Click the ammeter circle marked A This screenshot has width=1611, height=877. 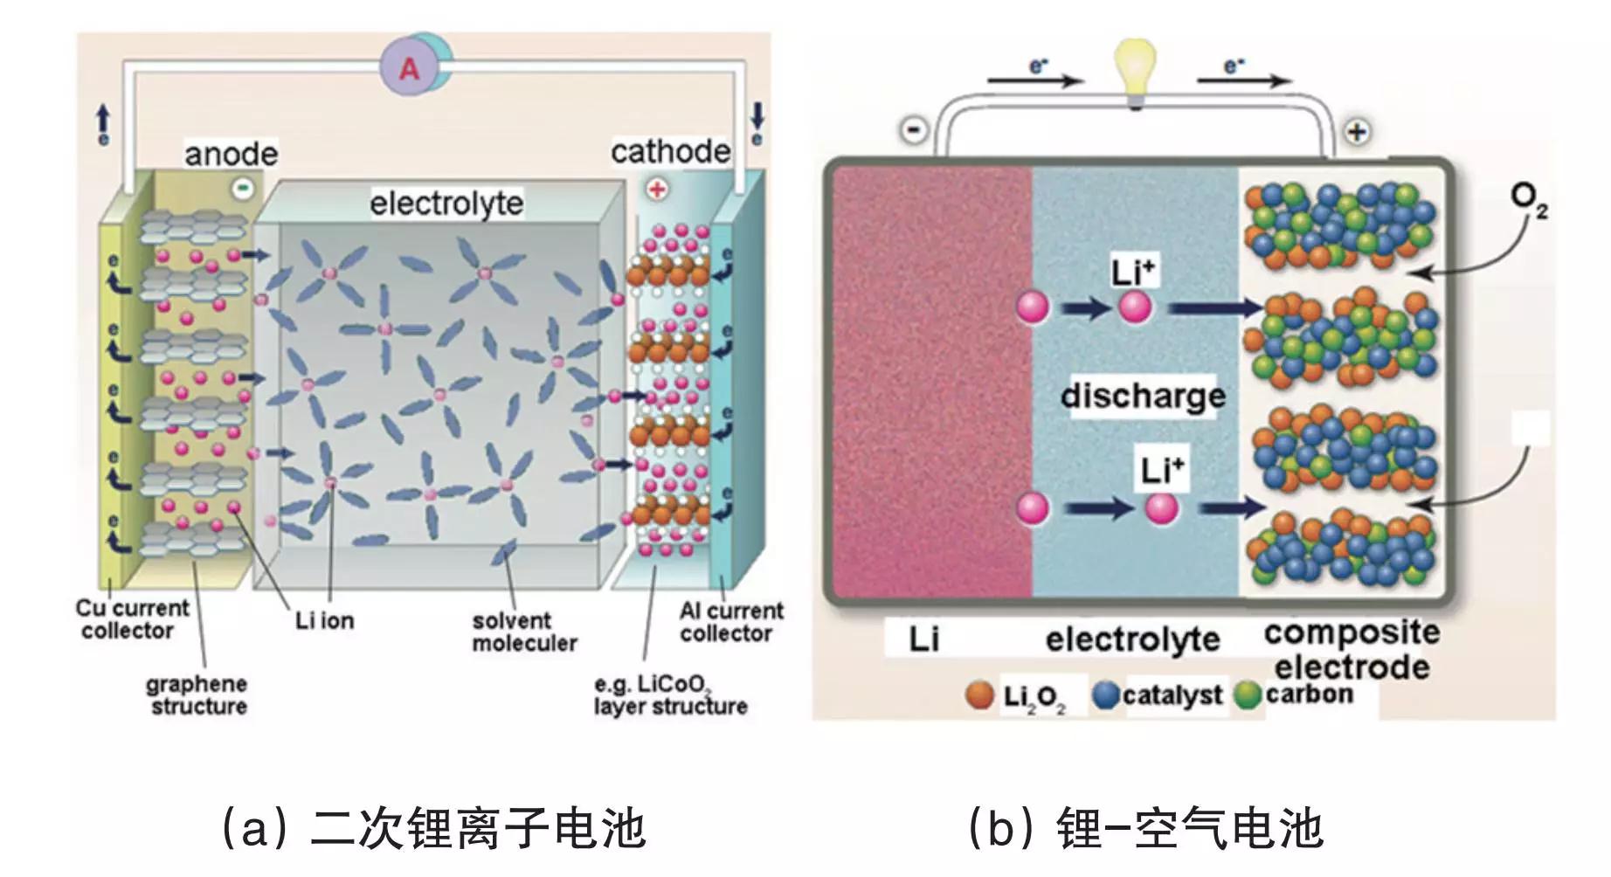coord(408,67)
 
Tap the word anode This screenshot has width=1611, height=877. coord(231,155)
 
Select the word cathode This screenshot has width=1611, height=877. coord(670,152)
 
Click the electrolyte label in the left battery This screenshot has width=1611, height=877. coord(446,204)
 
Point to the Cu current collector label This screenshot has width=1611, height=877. coord(131,619)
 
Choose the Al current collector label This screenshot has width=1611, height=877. coord(730,622)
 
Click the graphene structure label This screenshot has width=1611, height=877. coord(197,695)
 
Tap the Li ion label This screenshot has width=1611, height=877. coord(324,621)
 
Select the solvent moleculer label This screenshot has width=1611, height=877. coord(524,632)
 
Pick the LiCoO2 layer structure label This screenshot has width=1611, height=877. coord(670,695)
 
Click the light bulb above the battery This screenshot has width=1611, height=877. coord(1135,73)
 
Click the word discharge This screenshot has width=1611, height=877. coord(1143,396)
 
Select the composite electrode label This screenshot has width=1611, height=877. coord(1352,650)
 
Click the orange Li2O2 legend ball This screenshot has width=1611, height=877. coord(980,695)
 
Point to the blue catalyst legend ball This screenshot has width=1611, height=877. coord(1106,695)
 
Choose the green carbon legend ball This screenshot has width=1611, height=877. coord(1248,695)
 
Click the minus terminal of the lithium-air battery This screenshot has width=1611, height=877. coord(914,131)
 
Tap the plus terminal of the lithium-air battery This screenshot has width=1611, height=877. coord(1356,132)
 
